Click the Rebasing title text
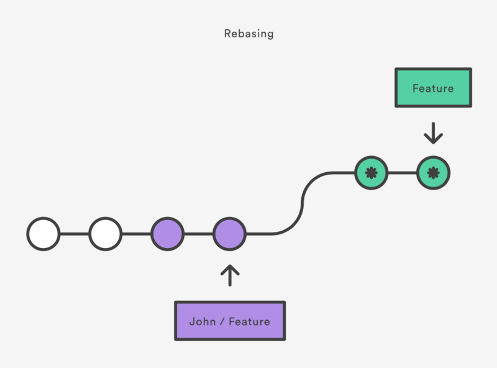248,34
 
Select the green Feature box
433,88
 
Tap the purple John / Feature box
230,321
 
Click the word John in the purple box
201,321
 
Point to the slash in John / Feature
222,321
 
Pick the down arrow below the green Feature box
433,132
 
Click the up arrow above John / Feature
230,275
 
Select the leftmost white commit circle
43,234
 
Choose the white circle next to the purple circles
106,234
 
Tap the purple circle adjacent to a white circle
168,234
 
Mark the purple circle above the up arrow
230,234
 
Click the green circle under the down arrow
433,173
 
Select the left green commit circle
372,173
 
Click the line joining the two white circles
75,234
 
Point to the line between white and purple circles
137,234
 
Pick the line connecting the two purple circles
199,234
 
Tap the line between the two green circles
402,173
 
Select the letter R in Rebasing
227,34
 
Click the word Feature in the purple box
249,321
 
